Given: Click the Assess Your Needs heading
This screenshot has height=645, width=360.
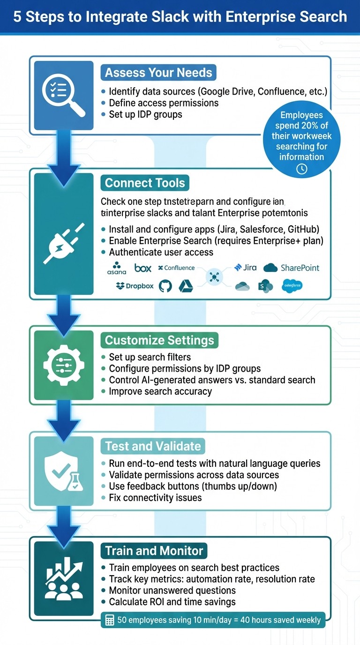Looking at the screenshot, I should (158, 73).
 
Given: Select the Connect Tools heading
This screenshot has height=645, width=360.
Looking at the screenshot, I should (145, 183).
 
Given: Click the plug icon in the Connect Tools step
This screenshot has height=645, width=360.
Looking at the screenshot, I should (64, 242).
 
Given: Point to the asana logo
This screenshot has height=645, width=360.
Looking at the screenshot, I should (117, 268).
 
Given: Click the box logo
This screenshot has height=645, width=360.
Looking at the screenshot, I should (143, 268).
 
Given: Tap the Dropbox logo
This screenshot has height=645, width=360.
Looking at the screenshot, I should (135, 286).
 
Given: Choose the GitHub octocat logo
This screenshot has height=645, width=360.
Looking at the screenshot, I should (165, 286).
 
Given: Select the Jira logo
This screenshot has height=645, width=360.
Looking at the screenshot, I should (245, 268).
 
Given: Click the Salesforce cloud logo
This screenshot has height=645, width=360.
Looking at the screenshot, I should (292, 285).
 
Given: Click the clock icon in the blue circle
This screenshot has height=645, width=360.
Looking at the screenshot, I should (302, 169).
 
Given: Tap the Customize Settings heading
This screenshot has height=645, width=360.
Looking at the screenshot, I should (159, 340).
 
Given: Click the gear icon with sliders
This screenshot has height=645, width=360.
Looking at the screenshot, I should (64, 364).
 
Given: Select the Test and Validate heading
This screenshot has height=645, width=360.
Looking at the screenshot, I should (153, 446).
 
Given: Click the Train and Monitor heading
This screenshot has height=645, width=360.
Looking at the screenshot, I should (154, 551).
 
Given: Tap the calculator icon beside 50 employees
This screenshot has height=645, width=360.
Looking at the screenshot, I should (110, 620).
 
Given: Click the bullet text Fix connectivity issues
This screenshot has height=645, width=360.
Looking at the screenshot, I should (155, 497).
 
